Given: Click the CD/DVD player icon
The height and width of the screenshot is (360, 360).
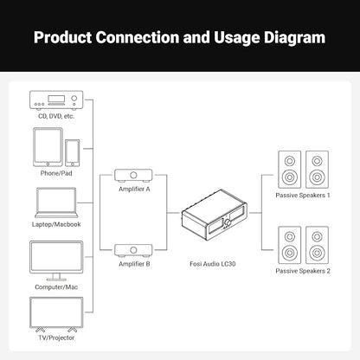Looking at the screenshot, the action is pos(56,100).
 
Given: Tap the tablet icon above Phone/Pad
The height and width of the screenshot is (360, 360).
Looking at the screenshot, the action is pos(48,147).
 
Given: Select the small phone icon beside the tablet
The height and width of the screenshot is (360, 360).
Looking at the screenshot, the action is pos(72,153).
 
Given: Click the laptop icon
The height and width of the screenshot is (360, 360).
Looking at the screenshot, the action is pos(56,202).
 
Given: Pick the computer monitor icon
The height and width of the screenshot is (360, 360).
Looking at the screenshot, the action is pos(56,260).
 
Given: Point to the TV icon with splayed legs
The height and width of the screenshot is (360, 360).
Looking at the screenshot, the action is pos(56,314).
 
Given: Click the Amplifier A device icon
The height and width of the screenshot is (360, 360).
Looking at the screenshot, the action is pos(133,176).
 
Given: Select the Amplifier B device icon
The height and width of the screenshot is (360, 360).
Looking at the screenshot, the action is pos(133,251).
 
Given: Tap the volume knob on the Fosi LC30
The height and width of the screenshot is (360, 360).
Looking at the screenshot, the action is pos(228,223).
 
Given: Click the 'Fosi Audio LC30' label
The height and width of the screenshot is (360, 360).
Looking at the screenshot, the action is pos(213,264).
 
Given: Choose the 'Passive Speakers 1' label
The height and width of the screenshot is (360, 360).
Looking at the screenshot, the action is pos(303,196).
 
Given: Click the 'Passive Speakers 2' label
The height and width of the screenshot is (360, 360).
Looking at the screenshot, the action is pos(303,271).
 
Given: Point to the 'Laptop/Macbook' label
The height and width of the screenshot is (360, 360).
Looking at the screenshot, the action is pos(56,224).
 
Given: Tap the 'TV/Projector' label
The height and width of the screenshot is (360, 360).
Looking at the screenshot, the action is pos(56,337).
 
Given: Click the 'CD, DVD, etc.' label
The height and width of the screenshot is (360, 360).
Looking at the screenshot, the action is pos(56,116).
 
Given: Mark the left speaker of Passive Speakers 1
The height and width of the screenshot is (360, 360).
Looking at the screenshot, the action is pos(290,170).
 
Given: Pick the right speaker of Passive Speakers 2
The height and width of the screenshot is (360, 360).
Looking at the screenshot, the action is pos(317,245).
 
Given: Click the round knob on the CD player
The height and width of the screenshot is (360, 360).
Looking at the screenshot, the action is pos(74,98).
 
